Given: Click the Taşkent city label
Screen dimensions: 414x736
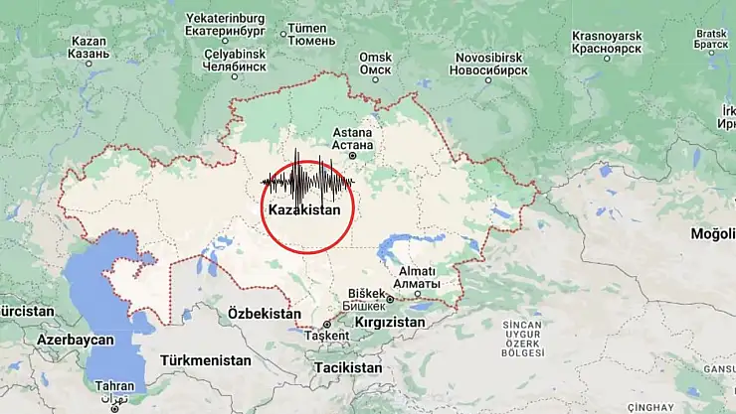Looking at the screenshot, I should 329,336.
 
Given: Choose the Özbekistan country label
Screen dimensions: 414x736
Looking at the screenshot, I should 264,314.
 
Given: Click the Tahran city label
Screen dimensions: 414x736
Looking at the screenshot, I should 113,386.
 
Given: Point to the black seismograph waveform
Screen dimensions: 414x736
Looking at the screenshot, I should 307,184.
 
